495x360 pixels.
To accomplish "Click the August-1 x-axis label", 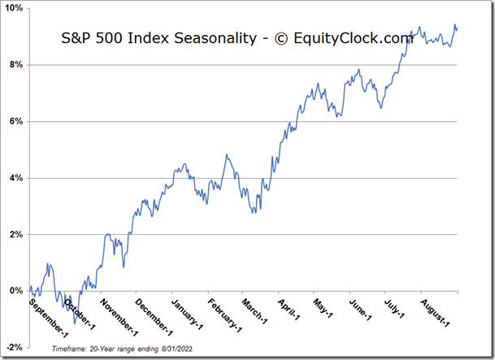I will (436, 311).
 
